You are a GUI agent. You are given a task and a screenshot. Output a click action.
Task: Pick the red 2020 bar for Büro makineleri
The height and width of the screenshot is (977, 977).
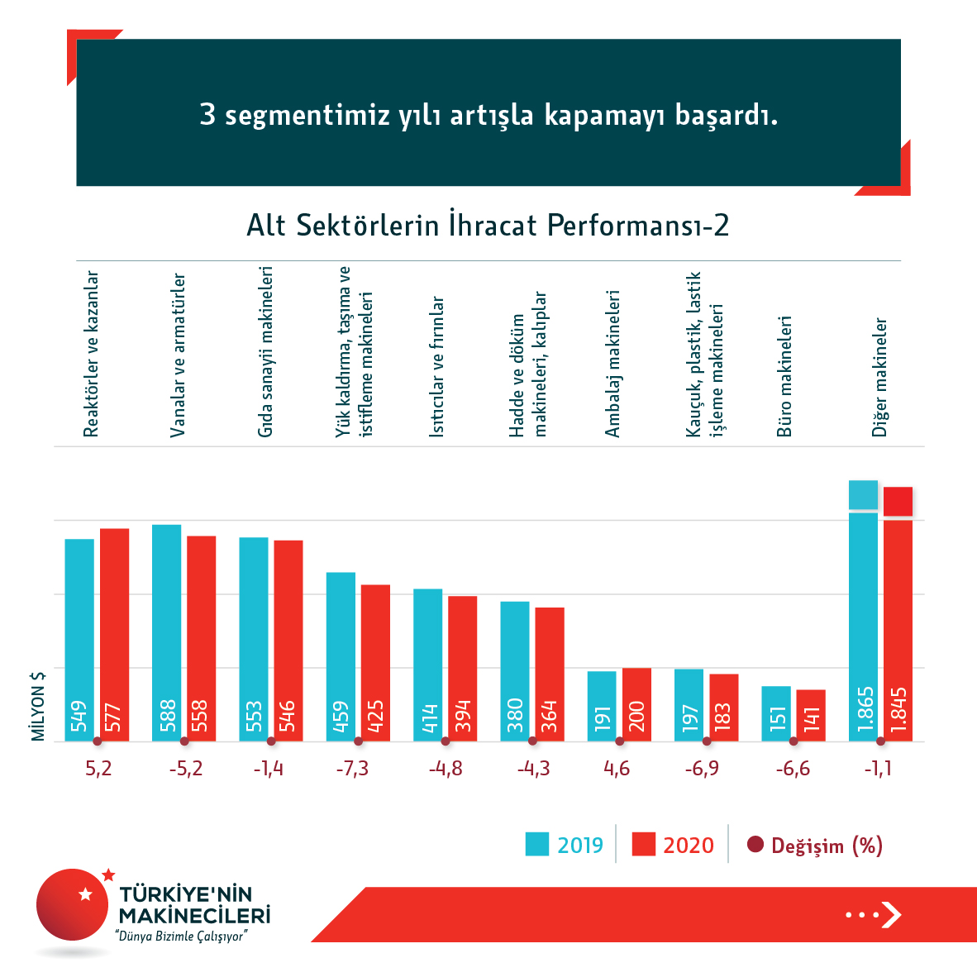[811, 715]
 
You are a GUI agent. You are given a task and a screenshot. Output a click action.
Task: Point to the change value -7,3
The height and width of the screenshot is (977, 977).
[352, 769]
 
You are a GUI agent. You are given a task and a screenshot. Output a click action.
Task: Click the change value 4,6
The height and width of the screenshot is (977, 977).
[617, 769]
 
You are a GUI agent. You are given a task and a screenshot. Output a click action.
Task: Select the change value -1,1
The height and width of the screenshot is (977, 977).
[878, 769]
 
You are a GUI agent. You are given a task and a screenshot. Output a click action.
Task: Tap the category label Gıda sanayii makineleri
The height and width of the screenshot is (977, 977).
[265, 351]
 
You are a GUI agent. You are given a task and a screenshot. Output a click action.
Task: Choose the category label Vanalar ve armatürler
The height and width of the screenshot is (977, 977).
[178, 355]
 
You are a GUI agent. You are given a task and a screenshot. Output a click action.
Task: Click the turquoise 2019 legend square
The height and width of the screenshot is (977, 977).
[536, 845]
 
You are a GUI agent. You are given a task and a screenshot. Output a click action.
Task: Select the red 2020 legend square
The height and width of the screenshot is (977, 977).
[643, 845]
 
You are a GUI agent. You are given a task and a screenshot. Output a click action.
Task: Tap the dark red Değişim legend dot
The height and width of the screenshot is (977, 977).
[755, 845]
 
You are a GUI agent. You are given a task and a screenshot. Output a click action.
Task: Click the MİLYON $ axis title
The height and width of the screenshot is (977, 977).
[38, 706]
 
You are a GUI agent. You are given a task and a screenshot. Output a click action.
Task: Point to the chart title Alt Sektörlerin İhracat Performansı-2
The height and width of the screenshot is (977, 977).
[488, 226]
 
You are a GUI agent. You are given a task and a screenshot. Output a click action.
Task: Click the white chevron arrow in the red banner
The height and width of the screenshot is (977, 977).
[890, 914]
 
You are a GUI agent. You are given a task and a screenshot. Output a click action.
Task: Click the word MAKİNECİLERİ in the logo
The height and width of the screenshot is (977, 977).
[194, 916]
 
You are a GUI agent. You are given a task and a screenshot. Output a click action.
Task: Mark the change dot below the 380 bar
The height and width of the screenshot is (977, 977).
[532, 741]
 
